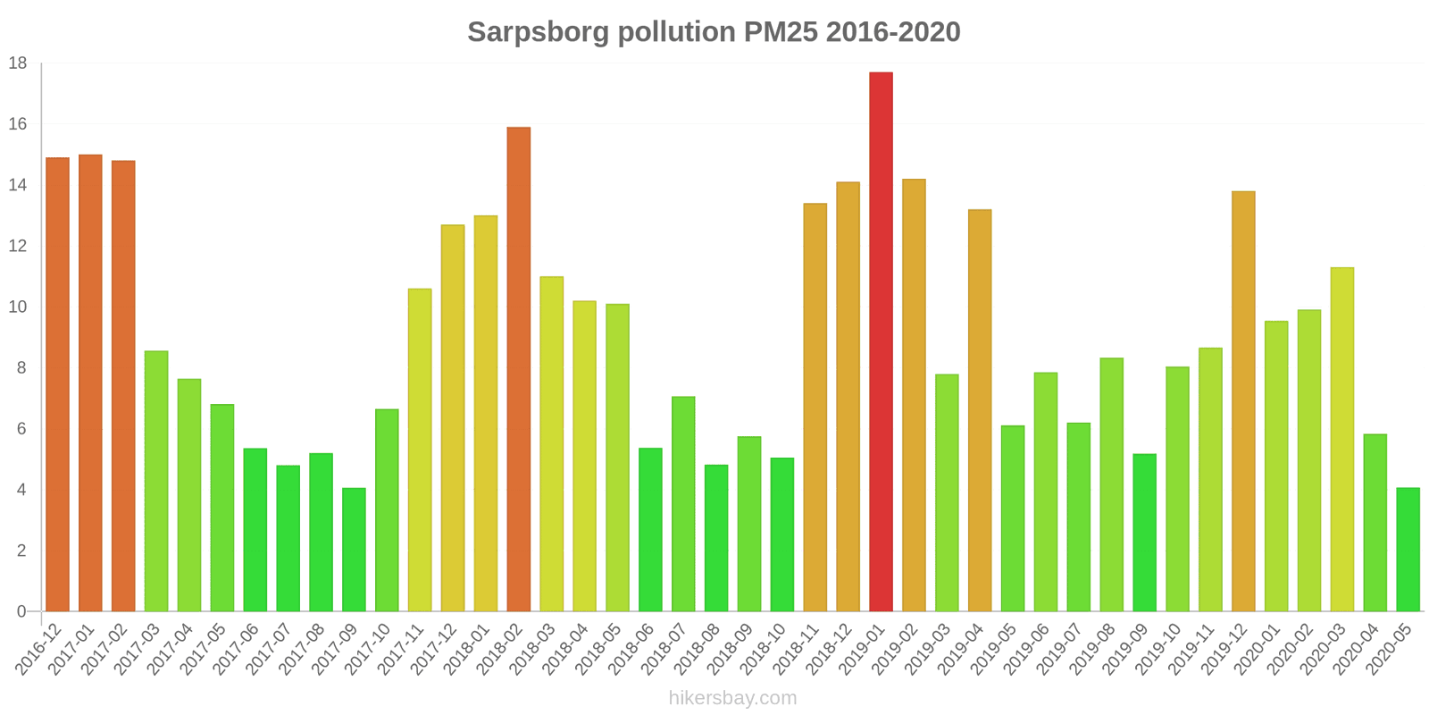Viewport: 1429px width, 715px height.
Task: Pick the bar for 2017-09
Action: [x=354, y=550]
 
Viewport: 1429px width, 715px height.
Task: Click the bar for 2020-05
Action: [x=1408, y=550]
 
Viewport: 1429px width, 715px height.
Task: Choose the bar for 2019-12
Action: [x=1243, y=401]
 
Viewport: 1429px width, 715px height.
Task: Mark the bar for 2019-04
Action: [x=980, y=410]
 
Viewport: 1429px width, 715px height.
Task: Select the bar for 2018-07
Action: [x=683, y=504]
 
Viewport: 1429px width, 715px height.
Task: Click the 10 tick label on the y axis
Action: [x=18, y=307]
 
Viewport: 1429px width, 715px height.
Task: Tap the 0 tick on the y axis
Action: [x=21, y=612]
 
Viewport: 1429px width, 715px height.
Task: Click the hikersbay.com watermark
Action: [x=732, y=698]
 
